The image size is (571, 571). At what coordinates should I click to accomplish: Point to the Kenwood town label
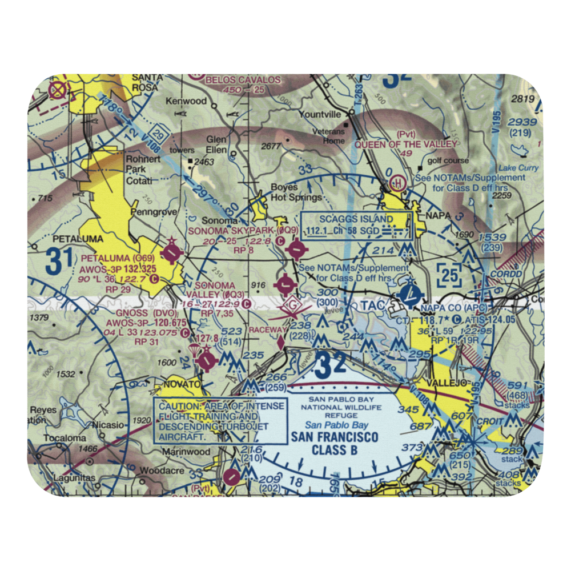click(186, 101)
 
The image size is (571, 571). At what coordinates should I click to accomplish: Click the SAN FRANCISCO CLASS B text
click(334, 444)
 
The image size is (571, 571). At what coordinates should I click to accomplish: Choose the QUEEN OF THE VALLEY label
click(405, 144)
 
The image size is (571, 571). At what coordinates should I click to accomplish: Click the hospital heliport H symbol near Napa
click(396, 184)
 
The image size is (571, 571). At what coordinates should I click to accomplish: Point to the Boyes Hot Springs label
click(284, 192)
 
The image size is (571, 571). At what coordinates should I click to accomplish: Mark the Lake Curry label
click(518, 168)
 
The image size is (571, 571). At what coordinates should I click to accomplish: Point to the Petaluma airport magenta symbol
click(171, 251)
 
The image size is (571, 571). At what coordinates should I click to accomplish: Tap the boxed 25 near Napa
click(449, 275)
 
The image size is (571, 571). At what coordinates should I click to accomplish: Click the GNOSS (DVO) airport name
click(134, 313)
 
